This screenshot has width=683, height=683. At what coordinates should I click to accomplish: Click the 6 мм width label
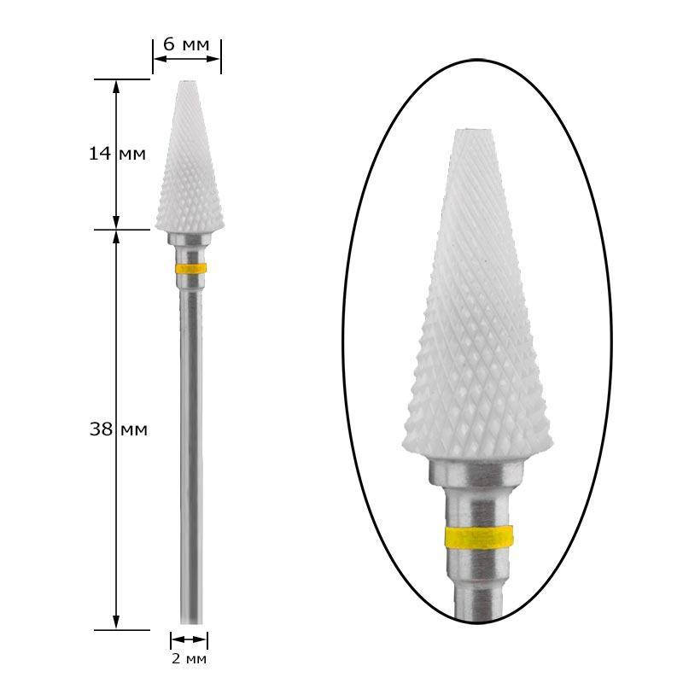pos(186,44)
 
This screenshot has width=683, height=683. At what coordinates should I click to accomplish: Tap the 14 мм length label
pos(117,154)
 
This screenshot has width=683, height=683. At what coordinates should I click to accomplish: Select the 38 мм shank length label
pos(119,429)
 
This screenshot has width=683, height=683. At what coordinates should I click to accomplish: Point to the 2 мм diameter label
pos(189,658)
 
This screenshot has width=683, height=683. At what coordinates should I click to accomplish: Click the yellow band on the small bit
pos(190,268)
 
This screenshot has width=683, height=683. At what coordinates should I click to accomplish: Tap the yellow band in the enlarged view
pos(479,537)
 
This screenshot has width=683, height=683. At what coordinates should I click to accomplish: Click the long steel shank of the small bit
pos(191,458)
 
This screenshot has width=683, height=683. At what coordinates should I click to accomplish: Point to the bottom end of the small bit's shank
pos(191,623)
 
